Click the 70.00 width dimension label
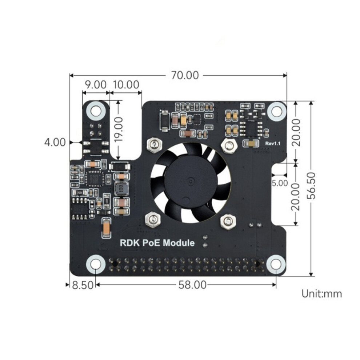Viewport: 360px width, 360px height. (185, 75)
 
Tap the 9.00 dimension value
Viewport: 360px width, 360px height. (96, 85)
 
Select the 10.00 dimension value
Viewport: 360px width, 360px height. (126, 85)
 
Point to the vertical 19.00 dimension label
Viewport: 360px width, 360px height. (119, 129)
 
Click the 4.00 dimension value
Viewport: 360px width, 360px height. (55, 142)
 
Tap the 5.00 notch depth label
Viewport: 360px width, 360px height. (280, 183)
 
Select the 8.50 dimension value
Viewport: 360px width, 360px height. (83, 285)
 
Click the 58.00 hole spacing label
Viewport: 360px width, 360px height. (192, 285)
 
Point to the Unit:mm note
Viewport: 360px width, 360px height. (322, 294)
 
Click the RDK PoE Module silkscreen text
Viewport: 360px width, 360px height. (157, 243)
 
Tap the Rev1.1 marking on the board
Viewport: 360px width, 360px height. (273, 144)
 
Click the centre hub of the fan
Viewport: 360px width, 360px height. (191, 181)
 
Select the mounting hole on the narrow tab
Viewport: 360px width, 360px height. (96, 111)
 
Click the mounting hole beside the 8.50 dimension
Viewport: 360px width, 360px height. (96, 264)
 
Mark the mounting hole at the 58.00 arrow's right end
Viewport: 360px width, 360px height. (276, 264)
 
